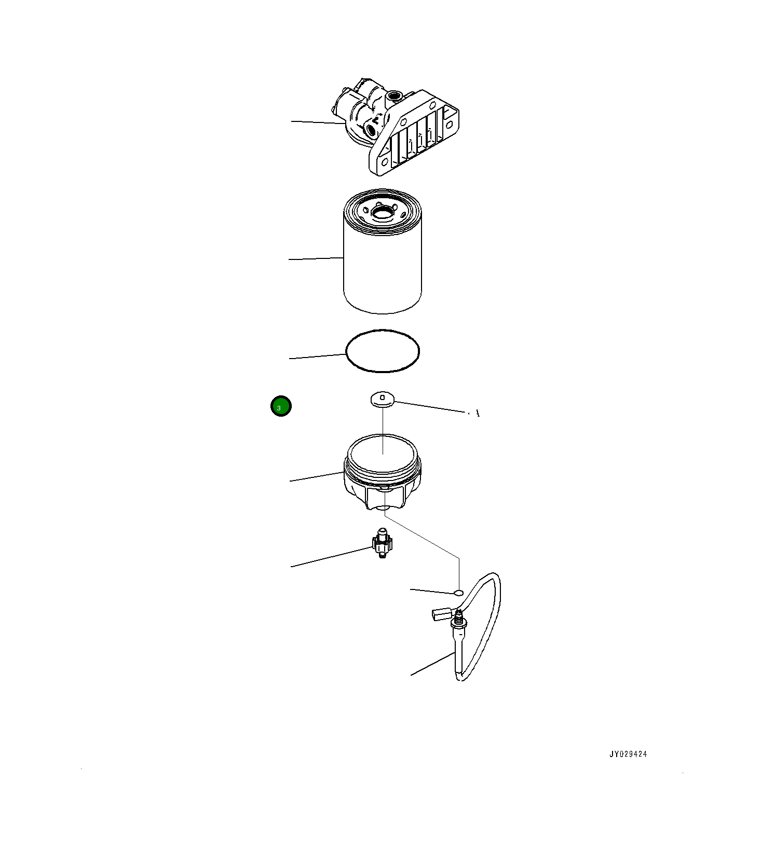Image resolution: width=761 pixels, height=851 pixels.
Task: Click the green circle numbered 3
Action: (281, 406)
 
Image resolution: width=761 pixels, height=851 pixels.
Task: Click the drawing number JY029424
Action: (628, 754)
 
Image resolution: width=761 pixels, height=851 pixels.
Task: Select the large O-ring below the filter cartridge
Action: (383, 351)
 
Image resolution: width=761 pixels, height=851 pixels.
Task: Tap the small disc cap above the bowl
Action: (382, 399)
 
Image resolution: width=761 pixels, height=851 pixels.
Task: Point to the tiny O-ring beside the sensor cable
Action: (458, 592)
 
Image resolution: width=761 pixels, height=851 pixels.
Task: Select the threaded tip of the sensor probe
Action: (458, 617)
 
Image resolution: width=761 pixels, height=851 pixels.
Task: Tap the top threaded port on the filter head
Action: (394, 95)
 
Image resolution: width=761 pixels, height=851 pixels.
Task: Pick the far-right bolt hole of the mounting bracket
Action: (450, 125)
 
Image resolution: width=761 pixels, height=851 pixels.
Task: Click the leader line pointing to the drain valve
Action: (332, 557)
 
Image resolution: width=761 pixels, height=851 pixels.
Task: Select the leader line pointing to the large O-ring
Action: (318, 356)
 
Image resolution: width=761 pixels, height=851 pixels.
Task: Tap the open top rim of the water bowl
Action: (383, 452)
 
